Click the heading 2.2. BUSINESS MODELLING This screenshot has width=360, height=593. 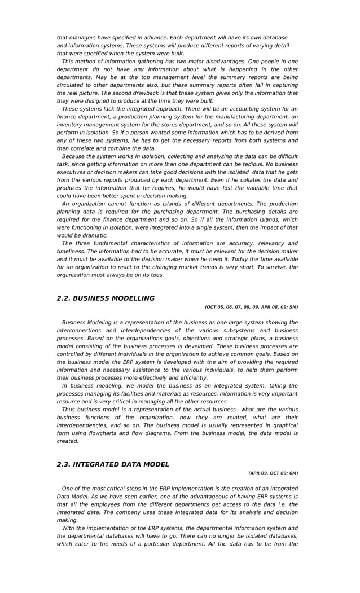(106, 298)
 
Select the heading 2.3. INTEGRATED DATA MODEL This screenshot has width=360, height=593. (113, 464)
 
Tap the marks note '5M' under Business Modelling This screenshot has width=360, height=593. (293, 308)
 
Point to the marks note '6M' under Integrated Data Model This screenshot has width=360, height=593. (293, 473)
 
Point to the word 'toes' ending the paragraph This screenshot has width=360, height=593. (156, 275)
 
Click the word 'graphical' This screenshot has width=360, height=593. (283, 425)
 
